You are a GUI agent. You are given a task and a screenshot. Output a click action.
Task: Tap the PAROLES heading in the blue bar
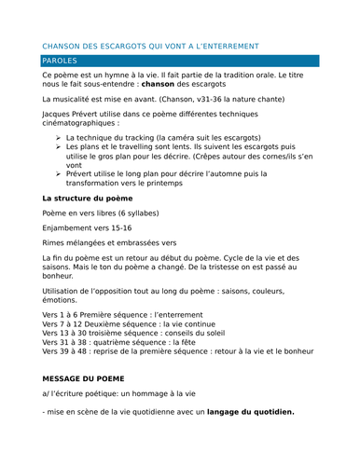63,61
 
